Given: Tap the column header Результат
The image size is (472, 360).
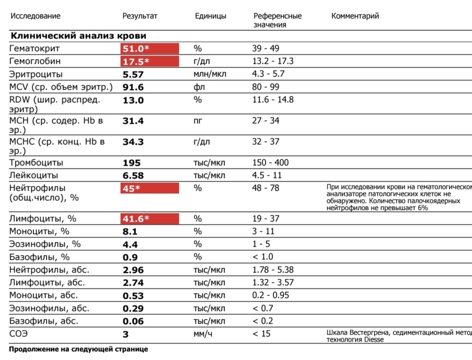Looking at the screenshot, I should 139,16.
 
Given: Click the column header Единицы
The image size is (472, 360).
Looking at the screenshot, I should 210,16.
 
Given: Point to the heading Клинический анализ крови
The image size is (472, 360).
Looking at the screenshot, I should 78,36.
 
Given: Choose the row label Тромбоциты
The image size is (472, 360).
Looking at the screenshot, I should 36,163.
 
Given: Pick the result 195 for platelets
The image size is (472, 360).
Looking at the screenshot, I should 132,163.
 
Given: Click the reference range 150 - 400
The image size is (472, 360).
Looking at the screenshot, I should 270,163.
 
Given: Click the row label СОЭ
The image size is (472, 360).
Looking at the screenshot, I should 18,334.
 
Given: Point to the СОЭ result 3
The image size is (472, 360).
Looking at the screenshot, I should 125,335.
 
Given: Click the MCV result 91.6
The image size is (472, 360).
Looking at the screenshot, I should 133,87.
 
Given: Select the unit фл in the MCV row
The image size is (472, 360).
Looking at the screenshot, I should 199,87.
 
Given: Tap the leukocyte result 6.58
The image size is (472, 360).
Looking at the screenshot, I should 133,176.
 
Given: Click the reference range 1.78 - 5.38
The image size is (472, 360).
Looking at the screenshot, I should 273,270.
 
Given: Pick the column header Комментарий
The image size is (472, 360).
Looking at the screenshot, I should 355,16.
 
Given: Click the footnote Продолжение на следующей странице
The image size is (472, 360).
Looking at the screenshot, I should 78,350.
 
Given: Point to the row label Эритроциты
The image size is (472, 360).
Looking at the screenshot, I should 36,74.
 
